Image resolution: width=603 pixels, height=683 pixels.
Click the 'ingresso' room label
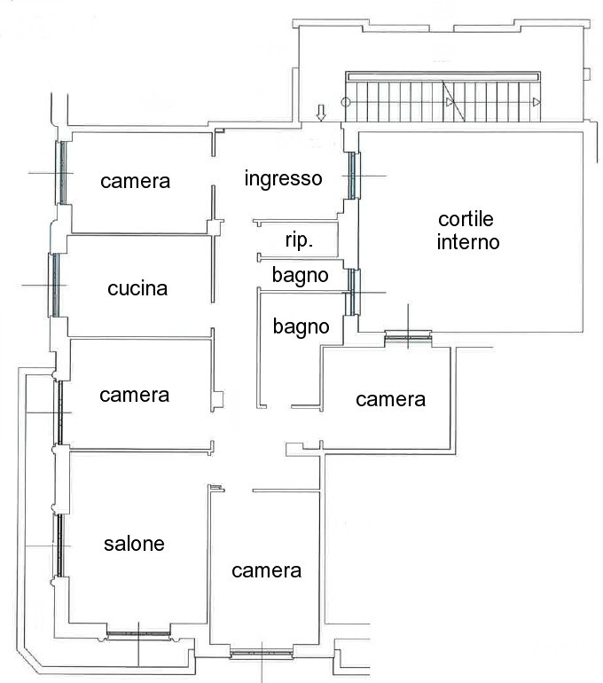pos(284,178)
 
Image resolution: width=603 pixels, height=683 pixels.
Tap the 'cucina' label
pos(137,289)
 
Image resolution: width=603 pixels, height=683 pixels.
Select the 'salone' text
pos(134,544)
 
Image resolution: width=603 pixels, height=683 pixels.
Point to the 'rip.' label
pos(299,240)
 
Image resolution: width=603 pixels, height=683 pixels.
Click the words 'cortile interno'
pos(467,231)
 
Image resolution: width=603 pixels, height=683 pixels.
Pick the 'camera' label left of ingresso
pos(135,182)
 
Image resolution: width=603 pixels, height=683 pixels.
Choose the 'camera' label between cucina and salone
pos(134,396)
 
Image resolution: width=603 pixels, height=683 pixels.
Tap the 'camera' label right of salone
pos(266,571)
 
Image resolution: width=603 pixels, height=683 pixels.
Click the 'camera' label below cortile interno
pos(390,400)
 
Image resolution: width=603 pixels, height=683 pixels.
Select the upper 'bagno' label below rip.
pos(301,276)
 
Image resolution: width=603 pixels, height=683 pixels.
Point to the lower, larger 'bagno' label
pos(301,327)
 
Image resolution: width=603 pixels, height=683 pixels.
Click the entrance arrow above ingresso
pos(321,113)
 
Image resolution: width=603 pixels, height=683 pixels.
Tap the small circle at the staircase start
pos(346,103)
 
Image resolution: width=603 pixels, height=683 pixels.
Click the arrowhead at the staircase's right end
pos(536,102)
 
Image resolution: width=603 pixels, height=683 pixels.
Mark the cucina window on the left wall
pos(55,285)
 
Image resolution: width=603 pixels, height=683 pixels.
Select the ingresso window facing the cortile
pos(352,176)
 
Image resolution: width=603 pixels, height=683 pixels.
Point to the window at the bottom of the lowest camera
pos(262,653)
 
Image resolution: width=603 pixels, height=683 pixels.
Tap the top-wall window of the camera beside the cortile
pos(408,336)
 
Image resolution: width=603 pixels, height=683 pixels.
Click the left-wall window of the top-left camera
pos(62,173)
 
